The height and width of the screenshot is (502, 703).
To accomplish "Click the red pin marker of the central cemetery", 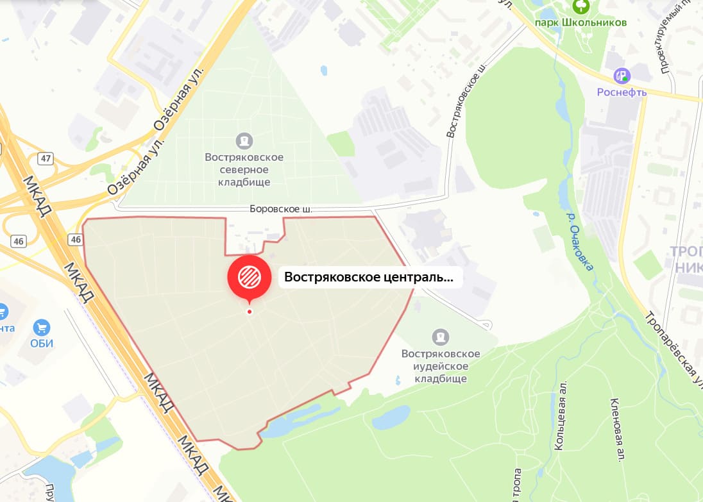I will coord(250,276).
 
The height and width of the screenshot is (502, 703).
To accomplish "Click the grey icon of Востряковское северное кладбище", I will coord(244,140).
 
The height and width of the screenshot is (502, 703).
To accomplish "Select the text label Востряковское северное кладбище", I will coord(244,169).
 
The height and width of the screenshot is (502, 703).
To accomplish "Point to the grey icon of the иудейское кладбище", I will coord(441,337).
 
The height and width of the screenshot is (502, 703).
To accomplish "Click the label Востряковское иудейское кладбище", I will coord(441,366).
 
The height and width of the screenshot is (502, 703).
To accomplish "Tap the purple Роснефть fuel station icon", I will coord(622,76).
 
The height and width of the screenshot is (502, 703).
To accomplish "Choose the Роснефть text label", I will coord(622,92).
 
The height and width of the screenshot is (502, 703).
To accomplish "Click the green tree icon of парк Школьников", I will coord(581,6).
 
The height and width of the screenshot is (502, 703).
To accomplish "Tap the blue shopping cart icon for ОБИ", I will coord(42,328).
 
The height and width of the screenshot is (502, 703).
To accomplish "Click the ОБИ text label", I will coord(42,343).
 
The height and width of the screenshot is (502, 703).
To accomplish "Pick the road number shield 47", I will coord(45,158).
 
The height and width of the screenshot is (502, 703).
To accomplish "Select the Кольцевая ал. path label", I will coord(561,424).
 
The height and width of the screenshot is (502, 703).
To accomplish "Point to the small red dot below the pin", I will coord(250,312).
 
